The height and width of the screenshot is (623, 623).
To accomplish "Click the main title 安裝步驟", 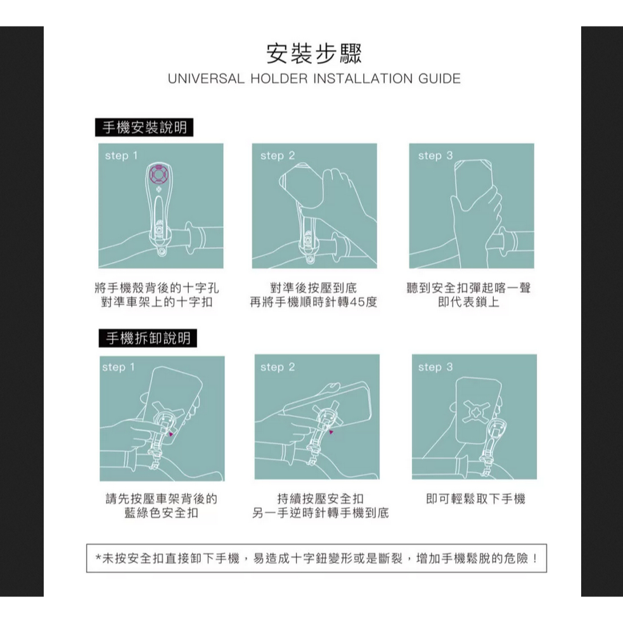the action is pyautogui.click(x=314, y=54).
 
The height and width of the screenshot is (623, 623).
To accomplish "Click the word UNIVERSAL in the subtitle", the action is pyautogui.click(x=206, y=79).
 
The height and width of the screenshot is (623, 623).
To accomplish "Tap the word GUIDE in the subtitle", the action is pyautogui.click(x=439, y=79).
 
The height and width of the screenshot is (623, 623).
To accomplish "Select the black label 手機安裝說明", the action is pyautogui.click(x=145, y=127).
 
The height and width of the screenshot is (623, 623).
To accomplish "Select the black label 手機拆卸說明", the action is pyautogui.click(x=148, y=338).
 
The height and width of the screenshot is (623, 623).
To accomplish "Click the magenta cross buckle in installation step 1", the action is pyautogui.click(x=159, y=174).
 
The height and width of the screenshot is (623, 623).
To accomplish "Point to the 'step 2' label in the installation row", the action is pyautogui.click(x=278, y=156).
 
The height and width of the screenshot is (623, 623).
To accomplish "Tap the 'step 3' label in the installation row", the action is pyautogui.click(x=435, y=156).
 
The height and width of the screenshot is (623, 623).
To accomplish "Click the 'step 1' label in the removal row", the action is pyautogui.click(x=119, y=367).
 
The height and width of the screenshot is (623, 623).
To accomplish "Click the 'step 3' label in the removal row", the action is pyautogui.click(x=435, y=367).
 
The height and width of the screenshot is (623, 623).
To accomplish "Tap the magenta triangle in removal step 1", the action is pyautogui.click(x=171, y=434).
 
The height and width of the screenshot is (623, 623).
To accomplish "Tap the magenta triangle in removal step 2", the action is pyautogui.click(x=331, y=432).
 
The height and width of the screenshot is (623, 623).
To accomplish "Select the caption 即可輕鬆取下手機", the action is pyautogui.click(x=475, y=499).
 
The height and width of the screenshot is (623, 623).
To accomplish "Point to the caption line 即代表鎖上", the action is pyautogui.click(x=469, y=302).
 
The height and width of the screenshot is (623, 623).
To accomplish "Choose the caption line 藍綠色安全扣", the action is pyautogui.click(x=161, y=513).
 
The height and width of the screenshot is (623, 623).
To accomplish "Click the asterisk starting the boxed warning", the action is pyautogui.click(x=98, y=558).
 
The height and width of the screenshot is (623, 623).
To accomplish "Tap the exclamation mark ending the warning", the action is pyautogui.click(x=535, y=558).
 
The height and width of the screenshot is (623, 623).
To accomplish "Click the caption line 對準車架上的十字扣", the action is pyautogui.click(x=157, y=302).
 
